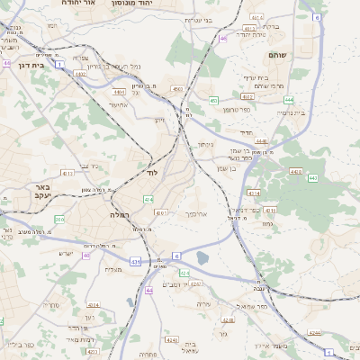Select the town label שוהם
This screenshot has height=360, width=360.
[x=276, y=56]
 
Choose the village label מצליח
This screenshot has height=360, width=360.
[x=113, y=269]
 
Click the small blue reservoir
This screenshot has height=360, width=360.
[x=202, y=258]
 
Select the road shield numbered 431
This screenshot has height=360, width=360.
[x=135, y=261]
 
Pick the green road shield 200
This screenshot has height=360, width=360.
[x=59, y=219]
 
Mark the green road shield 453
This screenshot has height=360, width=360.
[x=213, y=101]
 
